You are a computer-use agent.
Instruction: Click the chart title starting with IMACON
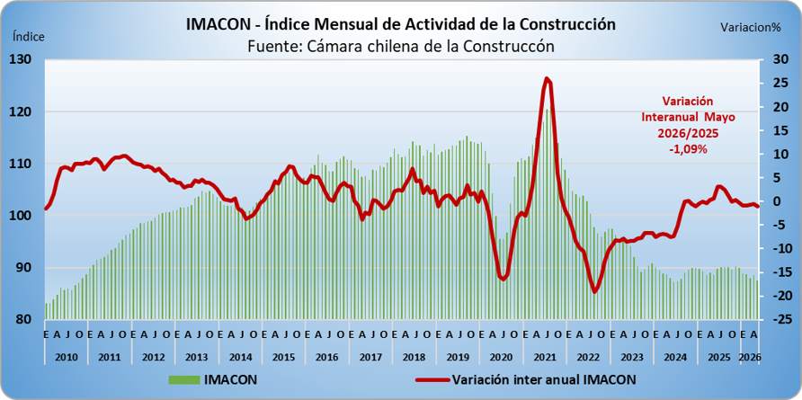coord(400,24)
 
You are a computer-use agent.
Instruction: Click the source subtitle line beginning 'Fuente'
coord(401,46)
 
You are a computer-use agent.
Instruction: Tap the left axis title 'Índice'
coord(29,36)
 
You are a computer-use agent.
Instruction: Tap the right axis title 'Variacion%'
coord(751,28)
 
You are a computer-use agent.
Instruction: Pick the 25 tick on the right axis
coord(770,84)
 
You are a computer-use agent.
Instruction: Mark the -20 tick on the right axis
coord(770,296)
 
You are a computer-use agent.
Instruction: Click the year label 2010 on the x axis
coord(66,357)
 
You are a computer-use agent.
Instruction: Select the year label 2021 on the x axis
coord(545,357)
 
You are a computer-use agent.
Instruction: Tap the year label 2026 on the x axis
coord(751,357)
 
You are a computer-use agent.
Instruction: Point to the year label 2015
coord(283,357)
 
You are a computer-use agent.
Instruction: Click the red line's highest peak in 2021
coord(547,79)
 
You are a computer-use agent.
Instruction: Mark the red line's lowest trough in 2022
coord(594,291)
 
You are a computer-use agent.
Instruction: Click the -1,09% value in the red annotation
coord(688,149)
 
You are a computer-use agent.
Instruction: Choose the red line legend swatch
coord(432,380)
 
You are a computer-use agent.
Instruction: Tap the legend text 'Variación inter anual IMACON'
coord(544,379)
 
